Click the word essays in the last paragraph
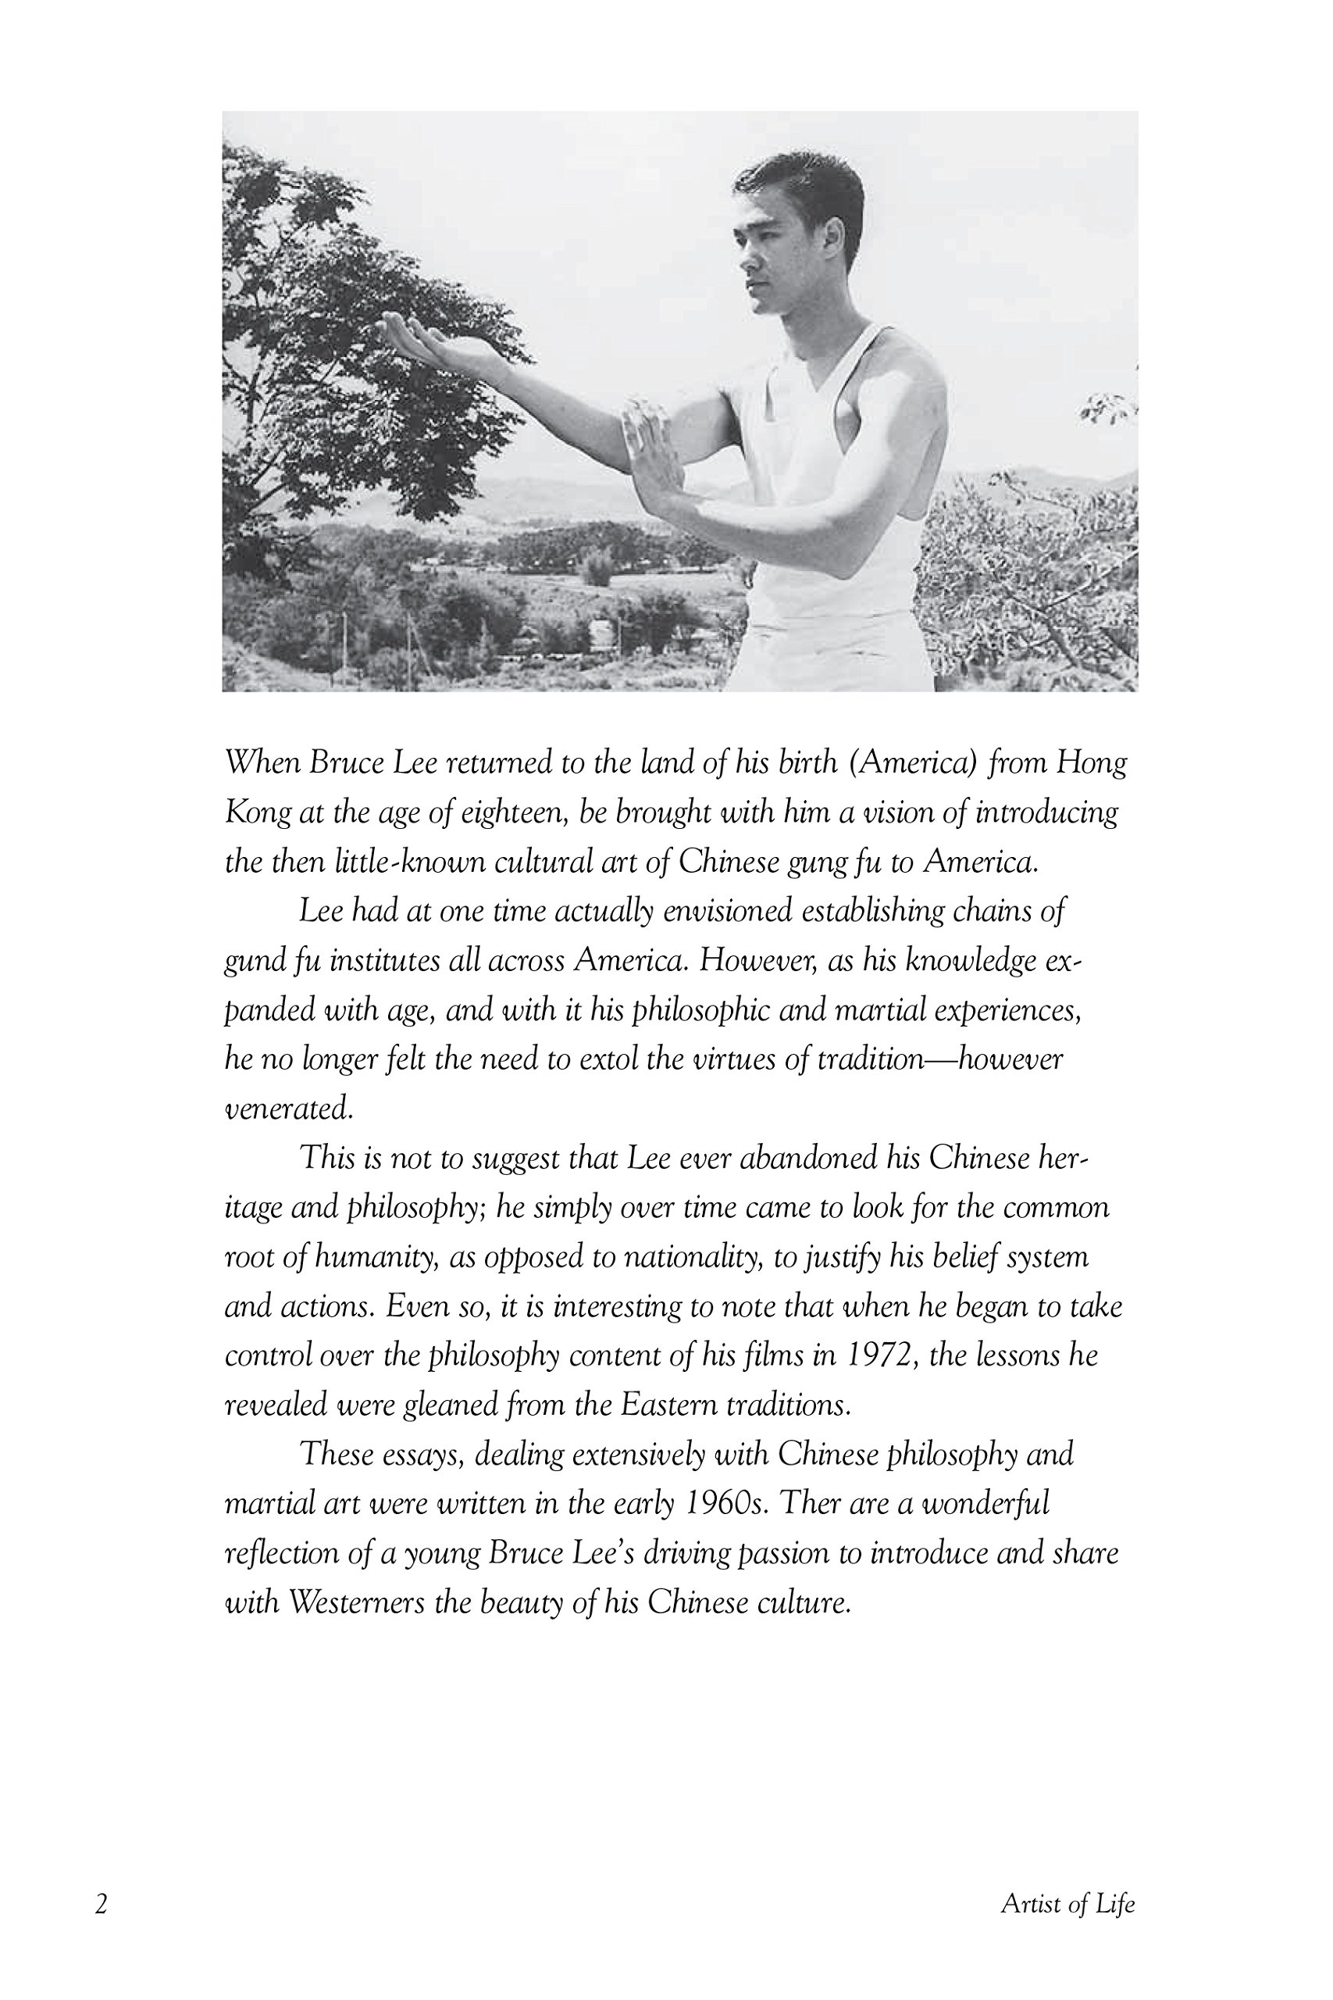(421, 1454)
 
